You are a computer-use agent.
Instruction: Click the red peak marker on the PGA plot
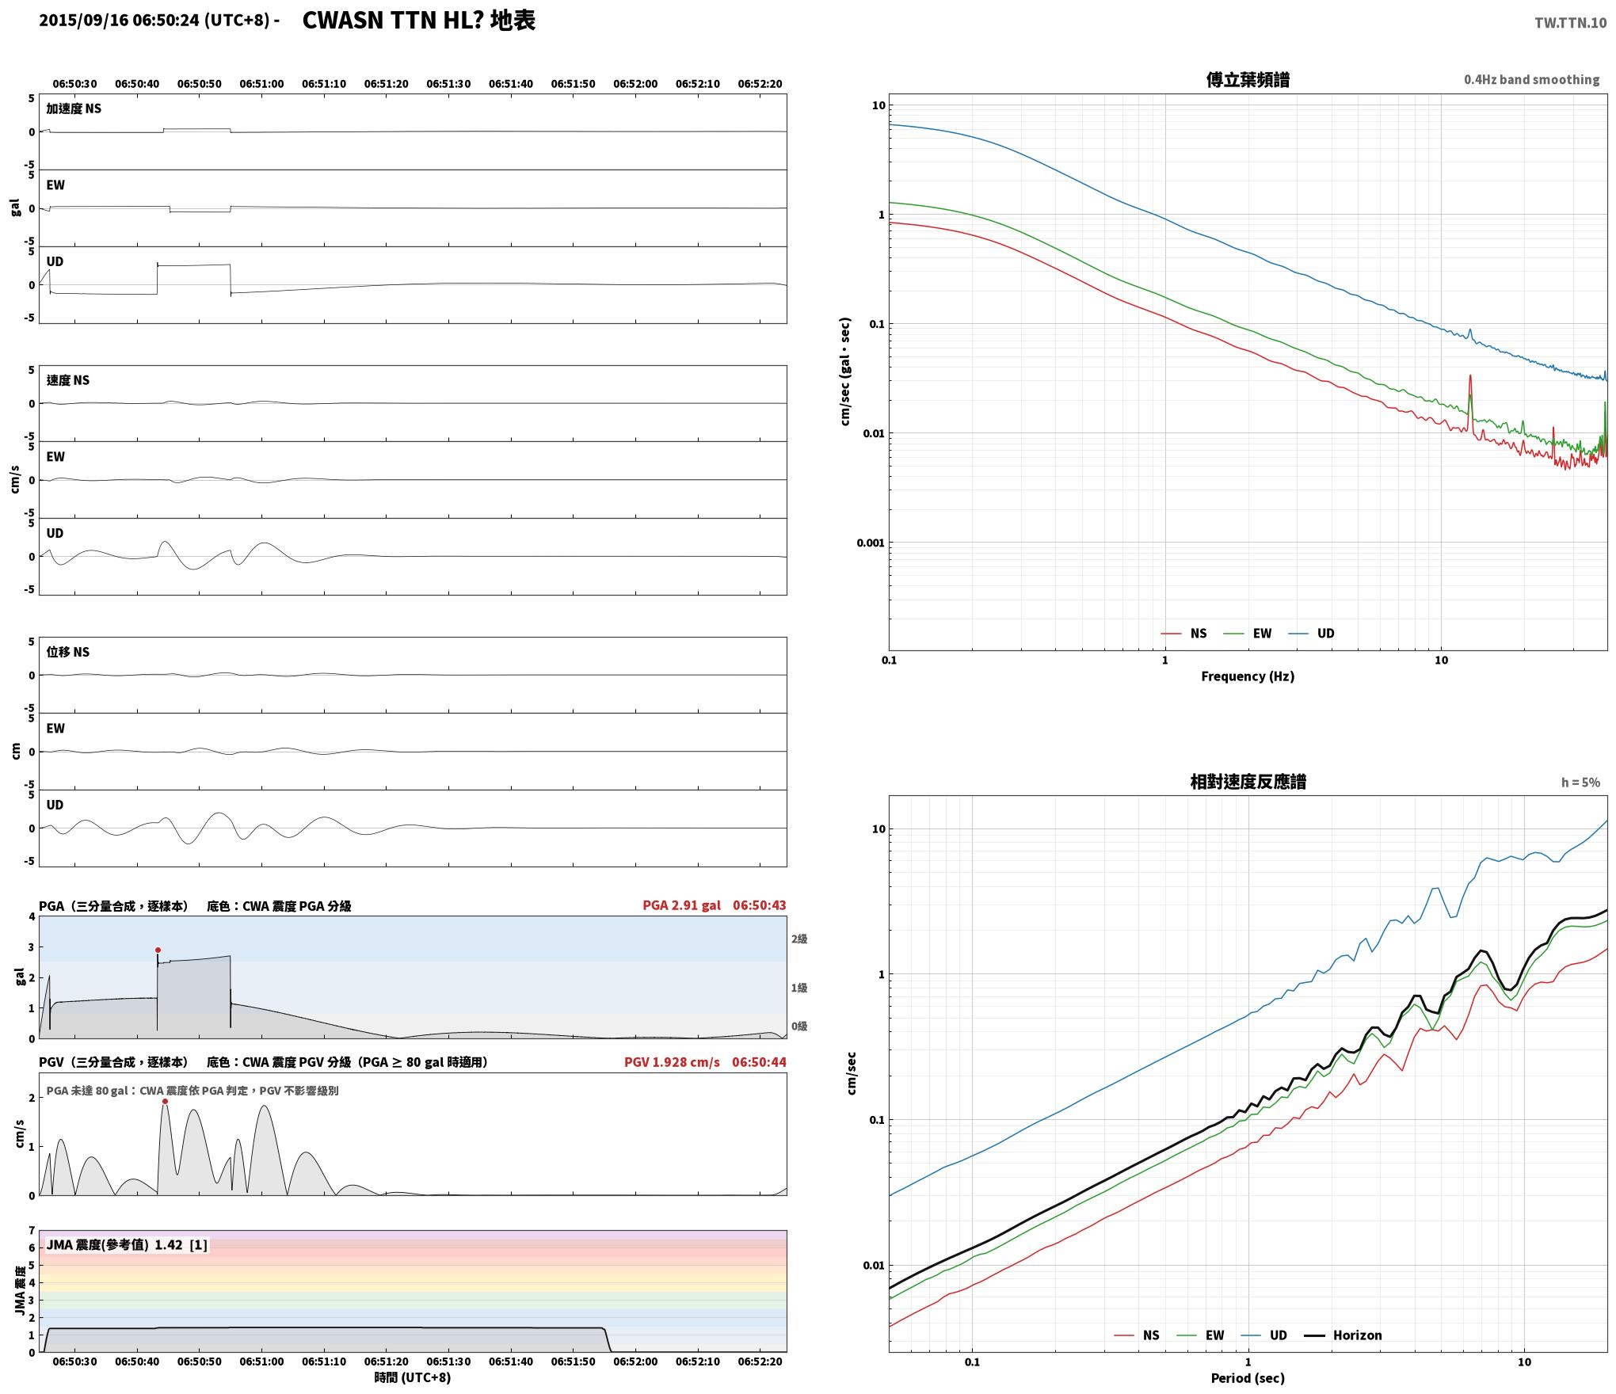[158, 950]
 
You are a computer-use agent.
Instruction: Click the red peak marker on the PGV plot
[165, 1101]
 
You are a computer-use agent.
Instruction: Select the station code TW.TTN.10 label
[1570, 23]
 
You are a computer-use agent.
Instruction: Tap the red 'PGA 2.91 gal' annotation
[681, 905]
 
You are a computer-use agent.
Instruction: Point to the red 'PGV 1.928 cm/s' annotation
[672, 1062]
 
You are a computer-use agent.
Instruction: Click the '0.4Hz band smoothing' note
[1531, 80]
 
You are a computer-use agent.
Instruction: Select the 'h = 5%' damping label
[1580, 783]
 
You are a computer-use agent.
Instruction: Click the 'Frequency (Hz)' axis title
[1248, 676]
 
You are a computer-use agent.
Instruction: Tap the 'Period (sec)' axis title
[1248, 1379]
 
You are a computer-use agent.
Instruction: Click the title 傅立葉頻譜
[1248, 80]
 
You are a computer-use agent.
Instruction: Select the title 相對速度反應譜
[1248, 782]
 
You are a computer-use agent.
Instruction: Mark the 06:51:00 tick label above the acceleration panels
[261, 84]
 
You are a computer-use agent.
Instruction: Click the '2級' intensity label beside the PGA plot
[798, 939]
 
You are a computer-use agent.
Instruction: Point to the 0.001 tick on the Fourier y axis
[870, 543]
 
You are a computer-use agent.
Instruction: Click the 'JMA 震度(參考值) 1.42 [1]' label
[127, 1245]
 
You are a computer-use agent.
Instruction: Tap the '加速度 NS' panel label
[74, 109]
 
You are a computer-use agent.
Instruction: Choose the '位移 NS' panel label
[67, 652]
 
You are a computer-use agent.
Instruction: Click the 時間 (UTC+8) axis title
[413, 1378]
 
